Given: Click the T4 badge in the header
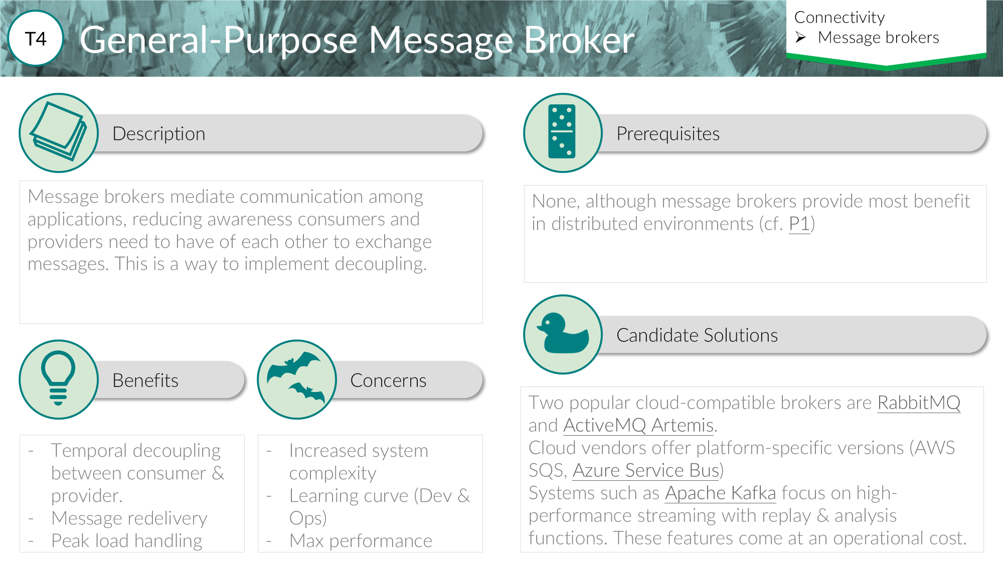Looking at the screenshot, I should point(36,39).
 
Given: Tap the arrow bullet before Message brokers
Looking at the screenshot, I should point(800,38).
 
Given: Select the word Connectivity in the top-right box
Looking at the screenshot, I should point(840,18).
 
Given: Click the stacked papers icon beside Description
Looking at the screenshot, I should point(59,132).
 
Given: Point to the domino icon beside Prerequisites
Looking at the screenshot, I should point(562,132).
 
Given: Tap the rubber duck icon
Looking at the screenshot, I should point(562,334).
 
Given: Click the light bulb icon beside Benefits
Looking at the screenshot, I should point(59,379).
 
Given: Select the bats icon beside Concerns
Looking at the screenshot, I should point(296,379).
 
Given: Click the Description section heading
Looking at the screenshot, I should point(158,134).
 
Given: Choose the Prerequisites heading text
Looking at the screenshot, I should point(667,134).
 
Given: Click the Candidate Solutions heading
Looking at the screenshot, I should point(697,335).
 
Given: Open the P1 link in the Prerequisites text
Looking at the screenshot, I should point(799,224).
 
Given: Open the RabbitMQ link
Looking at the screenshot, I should point(918,403).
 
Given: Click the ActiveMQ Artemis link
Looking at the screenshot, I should point(638,425).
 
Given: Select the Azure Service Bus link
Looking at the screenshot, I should point(646,470).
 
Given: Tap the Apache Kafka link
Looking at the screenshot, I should point(720,493).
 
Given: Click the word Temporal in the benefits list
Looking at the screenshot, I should point(89,450).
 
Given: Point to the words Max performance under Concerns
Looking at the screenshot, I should point(361,540).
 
